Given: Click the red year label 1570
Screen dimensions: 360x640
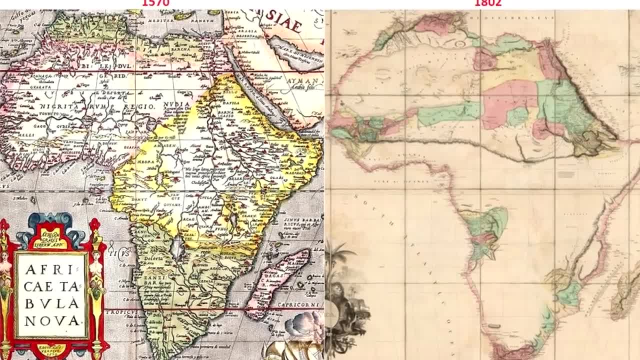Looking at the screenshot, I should click(x=156, y=3).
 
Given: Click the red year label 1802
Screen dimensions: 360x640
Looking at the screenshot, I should click(x=487, y=3).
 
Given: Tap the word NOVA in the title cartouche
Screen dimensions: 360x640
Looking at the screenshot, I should click(x=52, y=320).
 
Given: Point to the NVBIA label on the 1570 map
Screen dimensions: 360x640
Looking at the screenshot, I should click(x=176, y=104).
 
